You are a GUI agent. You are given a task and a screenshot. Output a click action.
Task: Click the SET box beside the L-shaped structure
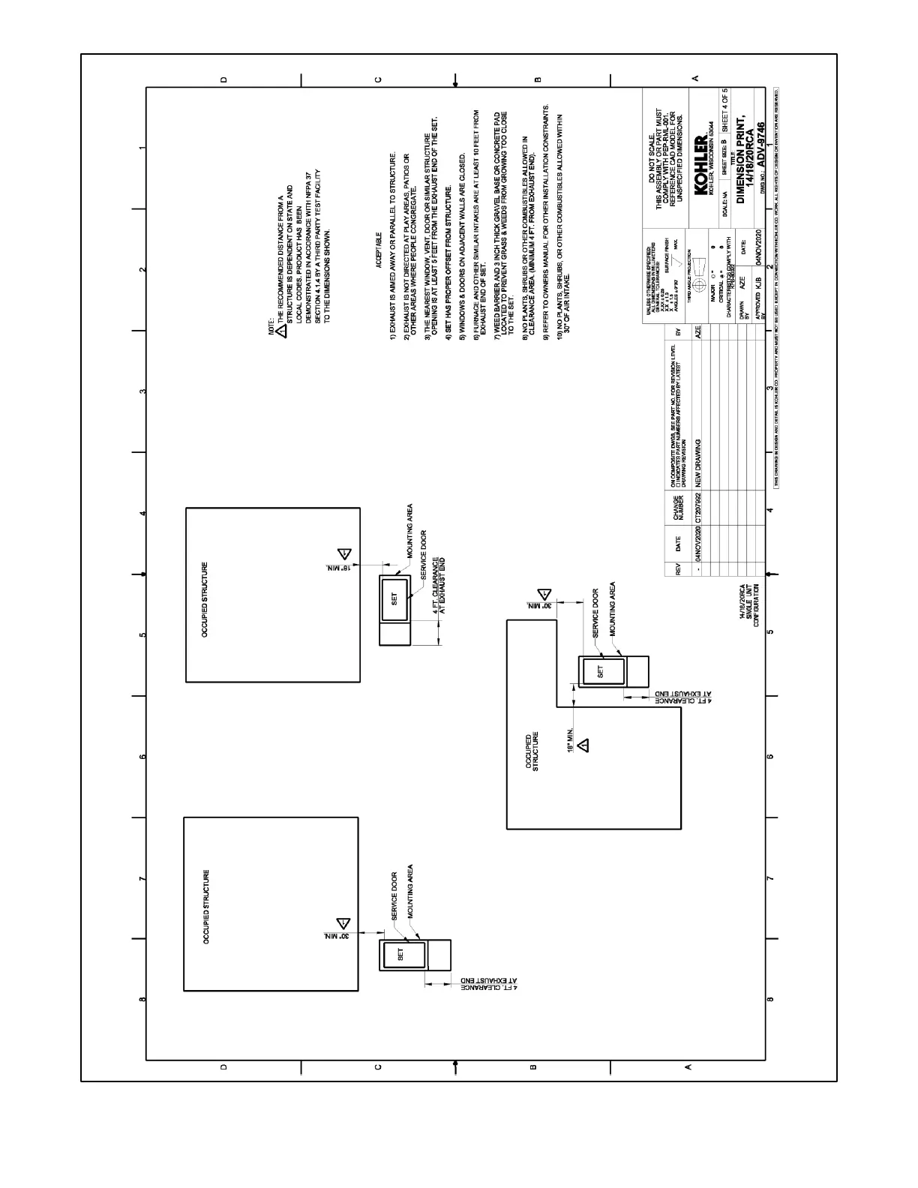pos(599,672)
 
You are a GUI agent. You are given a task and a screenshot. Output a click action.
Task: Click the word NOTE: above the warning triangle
pos(273,332)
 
